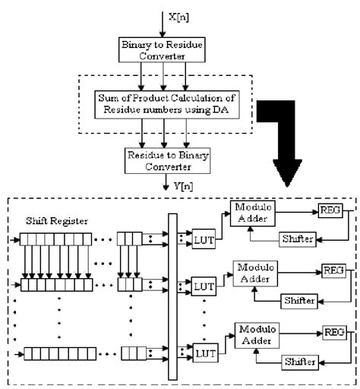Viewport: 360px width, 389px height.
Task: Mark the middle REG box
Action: (333, 270)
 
